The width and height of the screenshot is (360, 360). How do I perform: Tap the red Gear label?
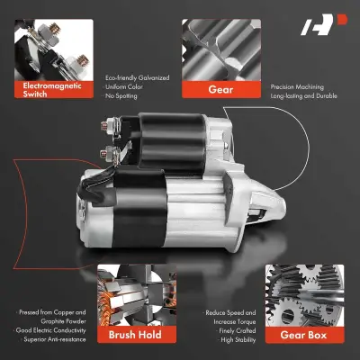(215, 89)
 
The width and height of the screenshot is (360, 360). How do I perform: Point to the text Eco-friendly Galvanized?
(137, 77)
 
